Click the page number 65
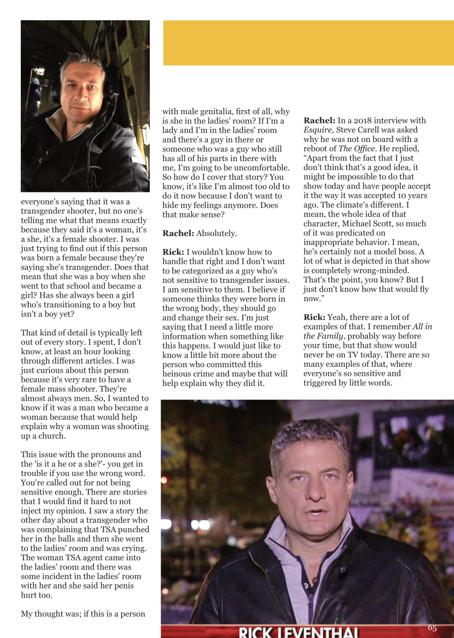click(432, 628)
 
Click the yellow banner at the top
click(308, 43)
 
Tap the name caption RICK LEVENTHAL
click(300, 632)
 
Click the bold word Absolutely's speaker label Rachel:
click(178, 233)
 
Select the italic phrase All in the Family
click(367, 331)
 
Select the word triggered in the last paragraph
click(325, 382)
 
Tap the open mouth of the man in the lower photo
click(314, 514)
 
